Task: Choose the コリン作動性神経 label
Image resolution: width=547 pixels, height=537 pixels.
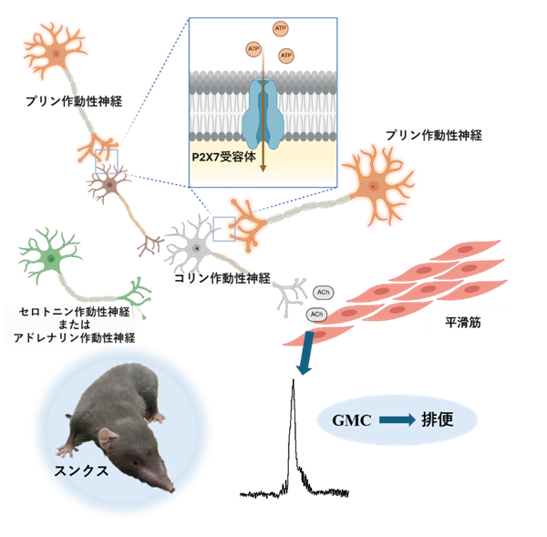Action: pos(222,278)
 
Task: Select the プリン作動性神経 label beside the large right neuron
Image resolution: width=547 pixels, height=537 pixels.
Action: pos(432,135)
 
